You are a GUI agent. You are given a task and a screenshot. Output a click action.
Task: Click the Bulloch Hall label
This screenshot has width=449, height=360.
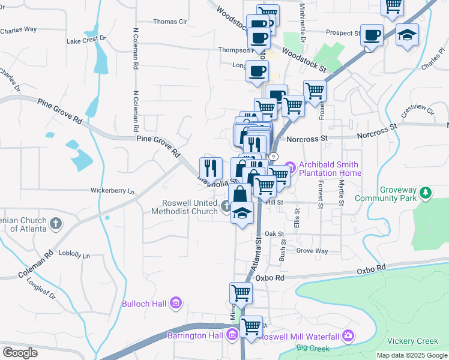click(x=144, y=304)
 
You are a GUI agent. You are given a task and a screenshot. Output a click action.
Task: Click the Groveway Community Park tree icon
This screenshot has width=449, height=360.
click(x=426, y=193)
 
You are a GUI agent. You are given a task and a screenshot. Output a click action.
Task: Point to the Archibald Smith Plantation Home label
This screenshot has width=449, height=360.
click(x=332, y=169)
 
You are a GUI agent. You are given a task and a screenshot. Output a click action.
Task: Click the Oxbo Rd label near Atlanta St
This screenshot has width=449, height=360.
click(x=269, y=278)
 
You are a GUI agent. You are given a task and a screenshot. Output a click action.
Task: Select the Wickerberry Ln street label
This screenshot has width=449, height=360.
click(x=112, y=191)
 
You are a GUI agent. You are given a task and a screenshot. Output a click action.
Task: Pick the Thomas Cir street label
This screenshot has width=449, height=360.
click(x=170, y=22)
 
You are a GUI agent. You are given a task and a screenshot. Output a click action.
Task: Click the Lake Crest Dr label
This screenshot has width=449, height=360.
click(x=86, y=41)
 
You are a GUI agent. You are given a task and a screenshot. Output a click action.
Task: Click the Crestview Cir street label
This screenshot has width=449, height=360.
click(x=417, y=110)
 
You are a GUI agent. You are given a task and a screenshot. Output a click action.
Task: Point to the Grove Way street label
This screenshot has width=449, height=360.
click(x=312, y=251)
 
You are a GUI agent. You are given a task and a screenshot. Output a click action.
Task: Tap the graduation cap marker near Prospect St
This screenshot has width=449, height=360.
click(x=406, y=35)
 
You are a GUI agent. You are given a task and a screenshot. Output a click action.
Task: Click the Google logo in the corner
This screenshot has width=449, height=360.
click(x=20, y=353)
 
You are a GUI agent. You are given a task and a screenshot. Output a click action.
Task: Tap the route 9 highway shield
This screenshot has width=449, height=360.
click(x=274, y=157)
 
